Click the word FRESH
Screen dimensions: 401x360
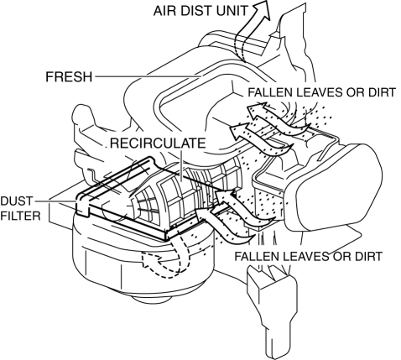[69, 76]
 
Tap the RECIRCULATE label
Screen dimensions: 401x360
[158, 143]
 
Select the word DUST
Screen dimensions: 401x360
[17, 201]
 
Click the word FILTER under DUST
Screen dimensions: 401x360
[20, 216]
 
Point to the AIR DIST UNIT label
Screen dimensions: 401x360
[200, 11]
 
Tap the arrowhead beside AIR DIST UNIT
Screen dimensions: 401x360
[263, 10]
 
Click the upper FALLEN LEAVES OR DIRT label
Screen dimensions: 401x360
[321, 92]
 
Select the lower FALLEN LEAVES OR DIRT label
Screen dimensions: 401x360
[308, 256]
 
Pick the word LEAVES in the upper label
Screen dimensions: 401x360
[319, 92]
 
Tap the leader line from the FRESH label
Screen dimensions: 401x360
[148, 76]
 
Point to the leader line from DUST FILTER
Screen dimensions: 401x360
[55, 201]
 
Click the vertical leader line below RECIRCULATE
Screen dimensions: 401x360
[181, 165]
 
